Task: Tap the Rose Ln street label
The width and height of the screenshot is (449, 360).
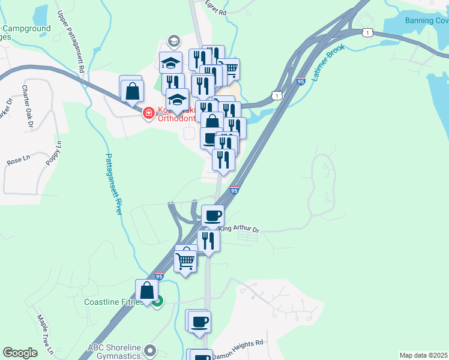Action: pyautogui.click(x=18, y=160)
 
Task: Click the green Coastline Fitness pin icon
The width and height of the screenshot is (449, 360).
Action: pyautogui.click(x=157, y=302)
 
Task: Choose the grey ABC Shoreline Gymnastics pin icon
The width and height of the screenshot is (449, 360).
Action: pyautogui.click(x=150, y=349)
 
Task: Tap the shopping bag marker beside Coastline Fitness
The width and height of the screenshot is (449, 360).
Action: pyautogui.click(x=146, y=290)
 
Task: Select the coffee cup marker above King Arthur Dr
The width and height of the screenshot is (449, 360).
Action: pyautogui.click(x=212, y=215)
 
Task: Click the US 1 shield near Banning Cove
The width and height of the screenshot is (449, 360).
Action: pyautogui.click(x=367, y=32)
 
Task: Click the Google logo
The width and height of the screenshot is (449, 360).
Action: pyautogui.click(x=20, y=353)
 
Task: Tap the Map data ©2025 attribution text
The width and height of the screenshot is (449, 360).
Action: pyautogui.click(x=423, y=355)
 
